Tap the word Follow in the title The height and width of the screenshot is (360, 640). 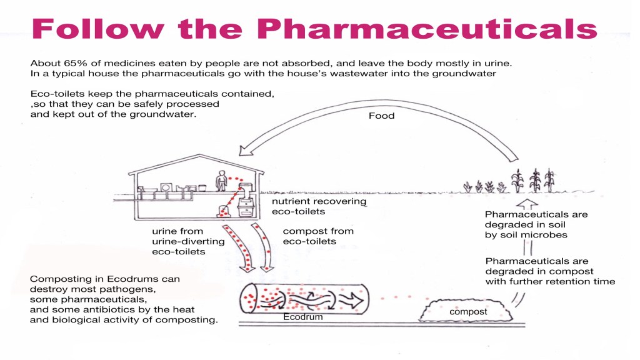pyautogui.click(x=96, y=30)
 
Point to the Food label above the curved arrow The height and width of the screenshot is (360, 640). pyautogui.click(x=381, y=116)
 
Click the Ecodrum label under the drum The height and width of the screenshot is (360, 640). pyautogui.click(x=303, y=317)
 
